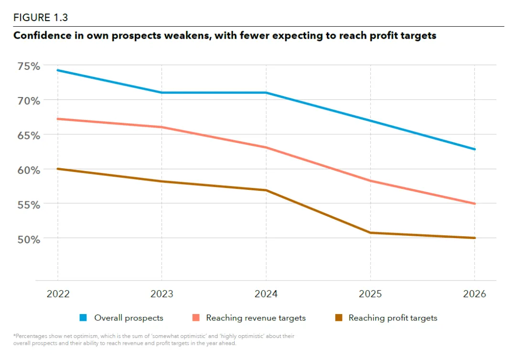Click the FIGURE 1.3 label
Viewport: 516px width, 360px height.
(41, 18)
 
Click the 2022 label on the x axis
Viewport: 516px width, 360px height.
(58, 294)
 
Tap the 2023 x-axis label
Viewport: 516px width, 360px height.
(162, 294)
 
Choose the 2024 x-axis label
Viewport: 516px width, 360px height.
(266, 294)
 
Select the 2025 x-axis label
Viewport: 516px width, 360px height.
(370, 294)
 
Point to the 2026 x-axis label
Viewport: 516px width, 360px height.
(474, 294)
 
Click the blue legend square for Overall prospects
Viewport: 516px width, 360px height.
(83, 317)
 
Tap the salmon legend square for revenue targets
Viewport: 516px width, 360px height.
(196, 317)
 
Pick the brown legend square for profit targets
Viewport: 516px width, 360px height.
(338, 317)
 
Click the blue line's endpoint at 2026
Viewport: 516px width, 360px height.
(474, 149)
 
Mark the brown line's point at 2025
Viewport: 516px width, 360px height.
(370, 233)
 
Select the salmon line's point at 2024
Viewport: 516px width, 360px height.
(266, 147)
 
